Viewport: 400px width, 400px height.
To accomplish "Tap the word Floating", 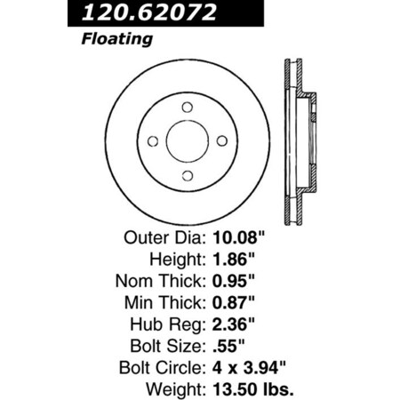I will [117, 40].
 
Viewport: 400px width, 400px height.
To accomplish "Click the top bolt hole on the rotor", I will [187, 108].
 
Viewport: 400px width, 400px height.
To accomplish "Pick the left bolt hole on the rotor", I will [152, 142].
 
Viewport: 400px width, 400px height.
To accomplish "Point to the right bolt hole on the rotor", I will [221, 142].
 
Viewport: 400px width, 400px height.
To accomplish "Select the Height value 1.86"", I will [234, 260].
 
